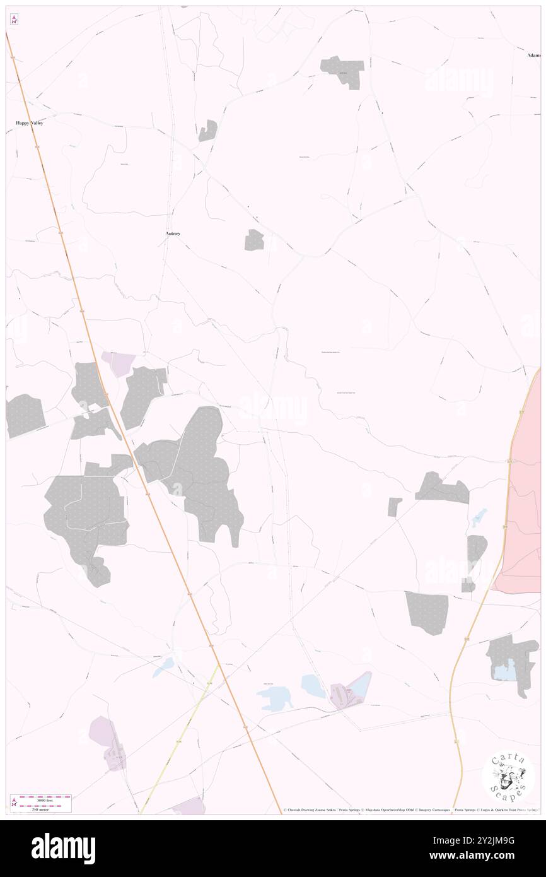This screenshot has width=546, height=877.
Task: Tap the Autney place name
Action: tap(172, 233)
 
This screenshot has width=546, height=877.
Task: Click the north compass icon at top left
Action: tap(13, 20)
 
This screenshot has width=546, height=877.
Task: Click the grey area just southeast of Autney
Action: tap(254, 240)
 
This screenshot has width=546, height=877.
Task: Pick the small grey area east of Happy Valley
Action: tap(208, 131)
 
